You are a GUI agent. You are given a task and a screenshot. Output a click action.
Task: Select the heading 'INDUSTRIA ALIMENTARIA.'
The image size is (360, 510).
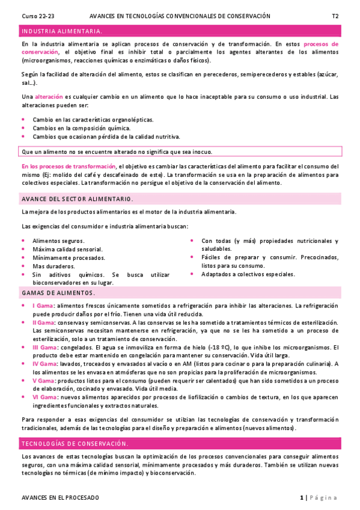61,31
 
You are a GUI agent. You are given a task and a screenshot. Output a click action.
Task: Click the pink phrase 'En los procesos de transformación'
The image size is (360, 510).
69,166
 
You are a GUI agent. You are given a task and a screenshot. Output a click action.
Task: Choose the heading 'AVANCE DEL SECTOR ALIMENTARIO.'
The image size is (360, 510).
77,198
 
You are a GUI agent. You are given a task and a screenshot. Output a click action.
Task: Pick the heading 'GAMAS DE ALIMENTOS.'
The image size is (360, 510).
58,293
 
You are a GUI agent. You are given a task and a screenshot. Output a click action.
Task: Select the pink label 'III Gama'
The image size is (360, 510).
44,348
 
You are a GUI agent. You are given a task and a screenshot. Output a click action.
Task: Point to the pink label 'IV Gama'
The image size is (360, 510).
44,364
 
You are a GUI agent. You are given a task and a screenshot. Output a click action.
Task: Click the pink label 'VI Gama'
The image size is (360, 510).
44,397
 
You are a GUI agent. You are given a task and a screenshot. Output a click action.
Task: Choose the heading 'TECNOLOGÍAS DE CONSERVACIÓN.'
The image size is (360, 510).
75,444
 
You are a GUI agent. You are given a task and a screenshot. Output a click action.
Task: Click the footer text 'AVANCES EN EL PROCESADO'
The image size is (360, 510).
60,498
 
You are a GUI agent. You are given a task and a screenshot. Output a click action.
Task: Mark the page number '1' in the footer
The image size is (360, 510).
302,498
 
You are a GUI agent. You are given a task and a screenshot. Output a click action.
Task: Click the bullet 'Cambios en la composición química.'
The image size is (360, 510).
81,128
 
